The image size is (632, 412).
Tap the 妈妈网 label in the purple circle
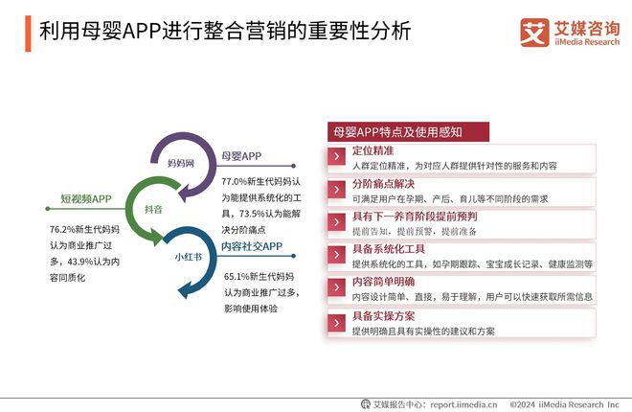tap(181, 164)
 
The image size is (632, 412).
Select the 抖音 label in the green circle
tap(153, 208)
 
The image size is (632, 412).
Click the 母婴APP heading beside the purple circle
tap(241, 156)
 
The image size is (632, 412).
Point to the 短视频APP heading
tap(86, 199)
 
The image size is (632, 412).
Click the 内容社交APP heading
tap(252, 246)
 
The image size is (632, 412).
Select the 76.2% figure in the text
tap(64, 231)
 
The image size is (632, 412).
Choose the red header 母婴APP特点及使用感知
tap(396, 132)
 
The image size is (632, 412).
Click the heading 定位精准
tap(373, 151)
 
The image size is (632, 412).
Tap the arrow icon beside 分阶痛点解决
tap(336, 189)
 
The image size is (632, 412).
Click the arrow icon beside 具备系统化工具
tap(336, 256)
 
